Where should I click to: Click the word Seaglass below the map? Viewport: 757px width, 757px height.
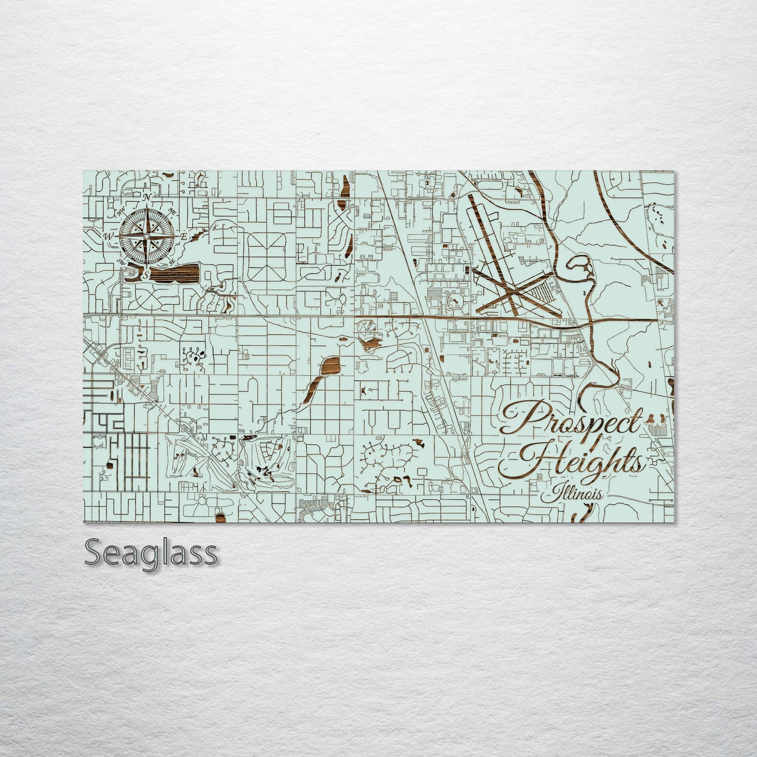pyautogui.click(x=151, y=552)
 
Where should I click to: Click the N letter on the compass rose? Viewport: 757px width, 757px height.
pyautogui.click(x=147, y=197)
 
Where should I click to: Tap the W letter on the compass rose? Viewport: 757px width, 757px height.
pyautogui.click(x=108, y=237)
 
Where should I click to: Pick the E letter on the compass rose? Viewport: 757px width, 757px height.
pyautogui.click(x=183, y=237)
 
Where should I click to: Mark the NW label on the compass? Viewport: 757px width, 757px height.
pyautogui.click(x=122, y=212)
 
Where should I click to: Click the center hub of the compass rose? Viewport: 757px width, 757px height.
pyautogui.click(x=147, y=236)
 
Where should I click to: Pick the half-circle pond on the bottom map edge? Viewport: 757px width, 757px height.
pyautogui.click(x=221, y=518)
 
